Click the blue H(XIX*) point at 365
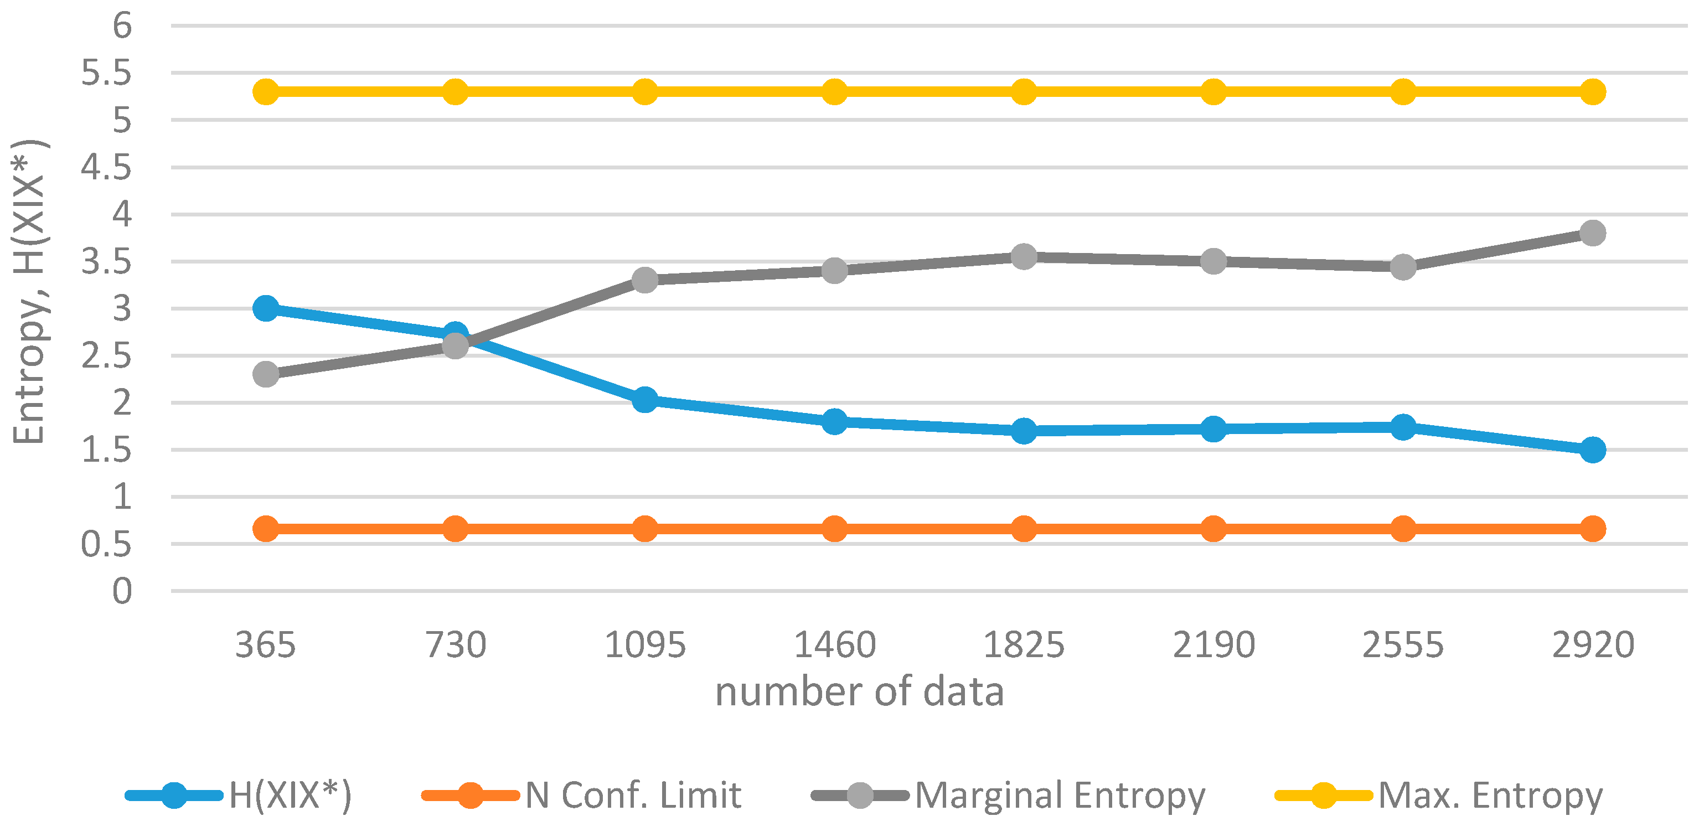click(x=266, y=308)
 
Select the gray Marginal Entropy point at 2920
click(x=1592, y=233)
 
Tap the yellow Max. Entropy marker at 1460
click(x=834, y=92)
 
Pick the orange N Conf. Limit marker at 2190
click(x=1213, y=528)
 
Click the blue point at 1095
click(x=644, y=399)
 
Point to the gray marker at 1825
click(x=1024, y=256)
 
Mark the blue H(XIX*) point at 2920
click(x=1592, y=450)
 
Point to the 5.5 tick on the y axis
click(x=106, y=73)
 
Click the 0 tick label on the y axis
click(x=122, y=591)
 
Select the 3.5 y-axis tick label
click(x=106, y=262)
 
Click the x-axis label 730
click(x=455, y=644)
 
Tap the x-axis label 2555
click(x=1403, y=644)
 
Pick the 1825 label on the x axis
click(x=1024, y=644)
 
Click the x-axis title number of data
click(x=859, y=692)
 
